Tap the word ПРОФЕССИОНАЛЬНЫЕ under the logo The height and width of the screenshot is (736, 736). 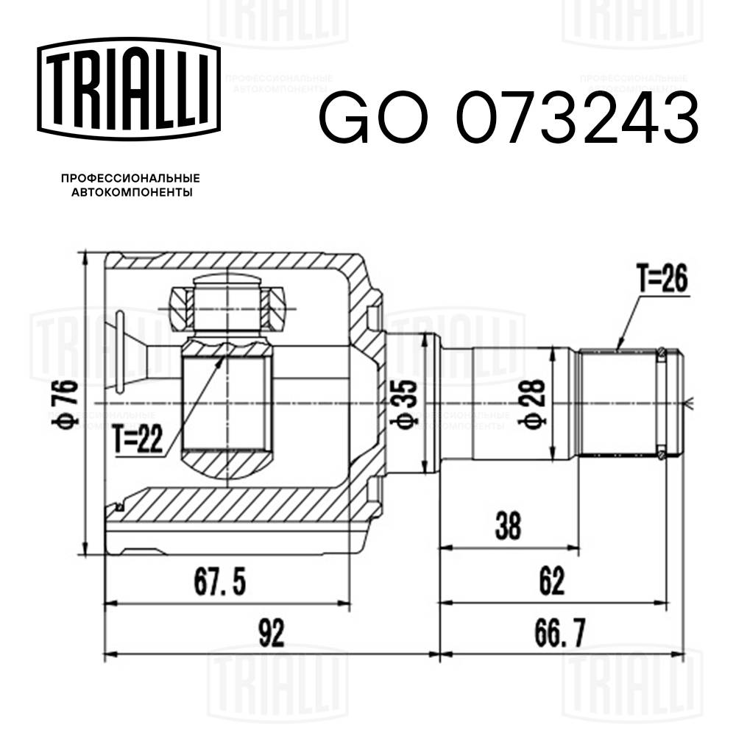coord(130,178)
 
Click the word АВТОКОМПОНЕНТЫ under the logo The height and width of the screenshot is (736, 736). coord(130,193)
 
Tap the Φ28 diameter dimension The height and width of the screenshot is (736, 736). coord(535,404)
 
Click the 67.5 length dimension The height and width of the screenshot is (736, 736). coord(219,583)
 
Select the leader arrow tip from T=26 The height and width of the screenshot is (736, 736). coord(618,348)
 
